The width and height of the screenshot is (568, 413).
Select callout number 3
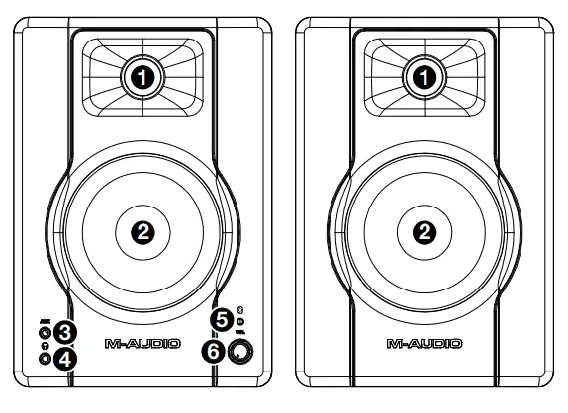pos(66,332)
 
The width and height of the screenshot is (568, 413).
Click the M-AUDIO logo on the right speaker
pos(425,345)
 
